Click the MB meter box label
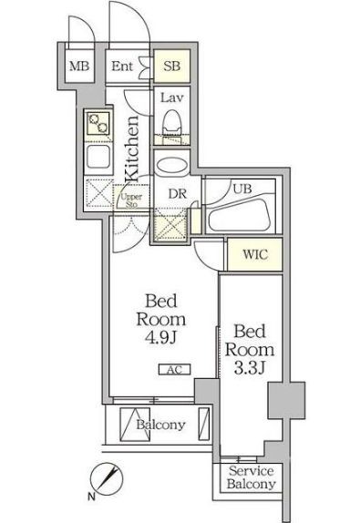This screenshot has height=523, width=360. click(x=79, y=66)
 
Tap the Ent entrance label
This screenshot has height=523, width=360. click(x=122, y=66)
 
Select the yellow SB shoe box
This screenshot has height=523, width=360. click(x=172, y=66)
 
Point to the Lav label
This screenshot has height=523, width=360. click(x=171, y=98)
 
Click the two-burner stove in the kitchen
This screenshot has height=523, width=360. click(x=98, y=123)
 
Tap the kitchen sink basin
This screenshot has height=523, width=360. click(x=98, y=157)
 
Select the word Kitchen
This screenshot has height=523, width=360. click(x=132, y=149)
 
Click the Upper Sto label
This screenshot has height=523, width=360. click(x=131, y=200)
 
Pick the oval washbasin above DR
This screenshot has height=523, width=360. click(x=171, y=166)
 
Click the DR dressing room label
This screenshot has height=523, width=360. click(x=177, y=194)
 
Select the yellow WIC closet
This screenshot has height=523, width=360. click(x=254, y=254)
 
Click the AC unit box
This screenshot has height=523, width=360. click(x=174, y=369)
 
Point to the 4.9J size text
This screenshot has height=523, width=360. click(x=160, y=337)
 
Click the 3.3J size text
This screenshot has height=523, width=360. click(x=250, y=368)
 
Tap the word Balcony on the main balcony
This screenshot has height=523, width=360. click(x=160, y=425)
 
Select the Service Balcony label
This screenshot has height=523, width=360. click(x=252, y=477)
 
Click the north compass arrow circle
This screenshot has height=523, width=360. click(x=107, y=479)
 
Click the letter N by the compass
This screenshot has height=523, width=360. click(x=91, y=497)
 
